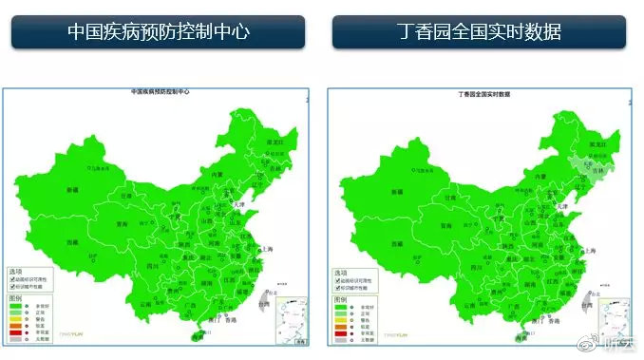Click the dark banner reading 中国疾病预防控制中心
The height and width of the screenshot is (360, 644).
(159, 31)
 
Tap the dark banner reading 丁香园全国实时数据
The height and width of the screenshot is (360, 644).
(479, 31)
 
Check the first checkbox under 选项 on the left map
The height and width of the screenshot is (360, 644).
(11, 279)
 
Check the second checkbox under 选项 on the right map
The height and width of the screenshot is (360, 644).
(337, 288)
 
